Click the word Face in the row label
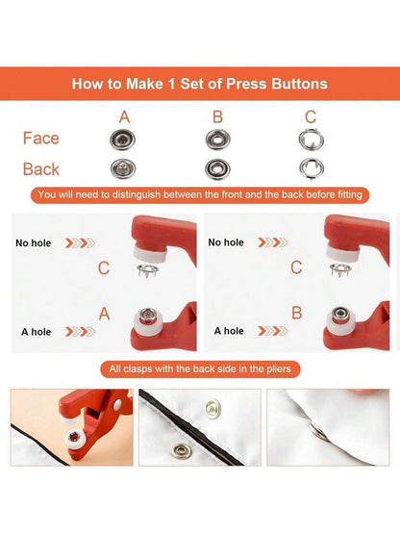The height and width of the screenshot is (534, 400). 40,139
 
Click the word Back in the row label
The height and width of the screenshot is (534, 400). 41,169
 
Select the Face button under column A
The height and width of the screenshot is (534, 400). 122,140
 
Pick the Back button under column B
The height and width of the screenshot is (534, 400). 217,169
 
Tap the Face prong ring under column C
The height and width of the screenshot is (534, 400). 312,139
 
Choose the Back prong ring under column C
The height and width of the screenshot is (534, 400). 312,168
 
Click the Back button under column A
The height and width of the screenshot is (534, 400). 123,168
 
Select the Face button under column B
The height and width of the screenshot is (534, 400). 218,140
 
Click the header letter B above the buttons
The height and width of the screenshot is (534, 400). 217,117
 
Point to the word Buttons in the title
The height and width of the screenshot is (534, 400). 300,84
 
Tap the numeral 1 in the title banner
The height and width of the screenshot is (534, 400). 171,84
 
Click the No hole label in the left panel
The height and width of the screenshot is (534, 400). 34,242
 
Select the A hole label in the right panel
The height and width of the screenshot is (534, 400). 229,331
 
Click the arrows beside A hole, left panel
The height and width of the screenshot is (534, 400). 81,331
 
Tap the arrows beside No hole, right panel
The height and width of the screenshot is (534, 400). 273,242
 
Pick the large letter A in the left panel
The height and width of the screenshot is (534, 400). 105,314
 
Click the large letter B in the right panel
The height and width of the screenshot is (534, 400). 297,313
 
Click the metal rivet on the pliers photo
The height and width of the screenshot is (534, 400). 116,404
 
